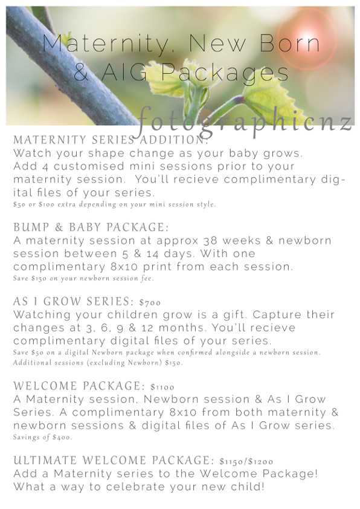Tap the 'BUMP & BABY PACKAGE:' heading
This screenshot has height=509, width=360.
91,227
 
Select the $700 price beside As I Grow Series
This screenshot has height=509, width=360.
150,302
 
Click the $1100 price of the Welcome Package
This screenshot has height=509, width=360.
162,387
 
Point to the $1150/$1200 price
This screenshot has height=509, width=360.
246,461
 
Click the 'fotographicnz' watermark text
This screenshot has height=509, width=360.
245,122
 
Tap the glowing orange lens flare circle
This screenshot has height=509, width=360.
306,37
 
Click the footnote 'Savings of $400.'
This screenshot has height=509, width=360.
42,437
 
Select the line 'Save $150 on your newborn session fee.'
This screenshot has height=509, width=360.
83,278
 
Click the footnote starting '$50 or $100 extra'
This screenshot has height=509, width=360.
115,204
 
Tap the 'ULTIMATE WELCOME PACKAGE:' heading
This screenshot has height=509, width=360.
114,460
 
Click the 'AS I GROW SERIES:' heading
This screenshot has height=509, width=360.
74,301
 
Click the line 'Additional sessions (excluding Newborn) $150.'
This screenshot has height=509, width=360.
98,362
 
